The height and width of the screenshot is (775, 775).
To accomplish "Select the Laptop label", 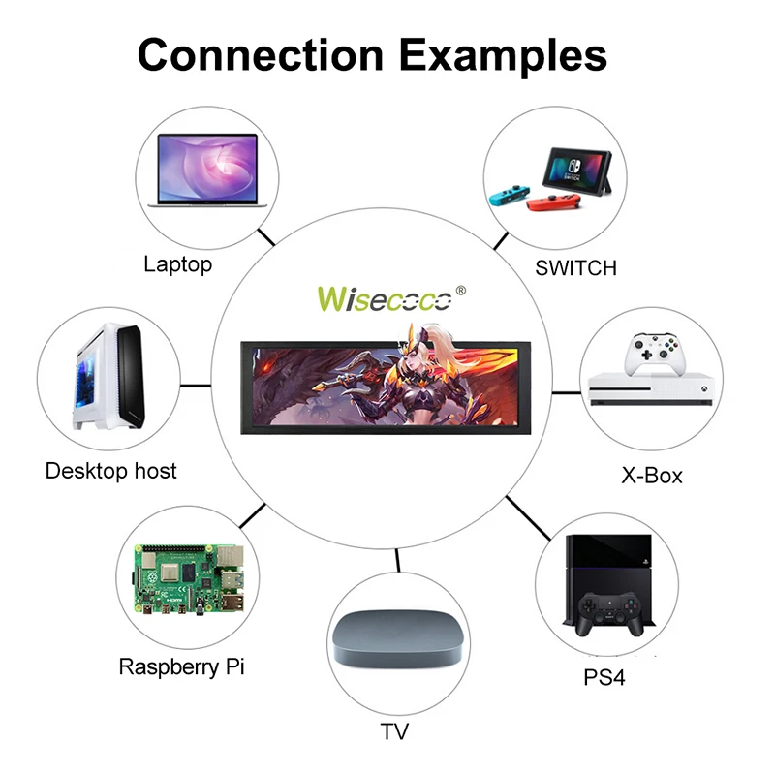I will (x=177, y=263).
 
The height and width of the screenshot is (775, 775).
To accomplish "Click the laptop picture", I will (x=206, y=175).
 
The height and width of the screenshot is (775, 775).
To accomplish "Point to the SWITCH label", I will (x=575, y=267).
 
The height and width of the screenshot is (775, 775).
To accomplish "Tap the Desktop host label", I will (x=111, y=471).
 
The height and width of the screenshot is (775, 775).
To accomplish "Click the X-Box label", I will (x=651, y=475).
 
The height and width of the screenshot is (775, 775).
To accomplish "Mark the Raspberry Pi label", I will (x=180, y=666).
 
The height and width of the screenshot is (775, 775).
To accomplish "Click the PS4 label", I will (x=604, y=676).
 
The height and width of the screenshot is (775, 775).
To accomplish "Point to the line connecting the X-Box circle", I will (x=565, y=392).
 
